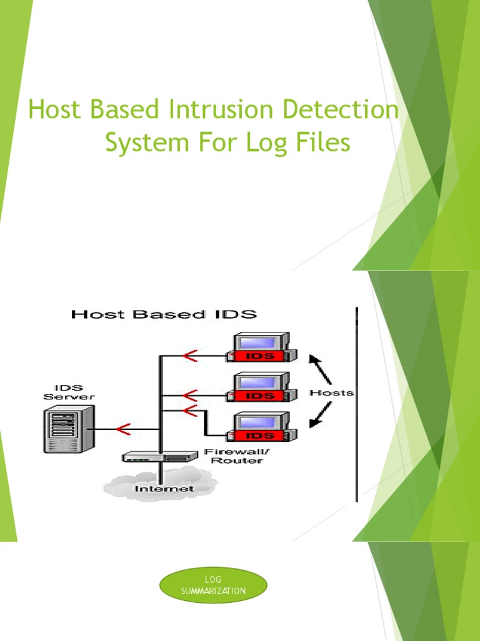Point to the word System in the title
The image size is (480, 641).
[145, 143]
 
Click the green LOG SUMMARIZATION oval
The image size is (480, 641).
[213, 585]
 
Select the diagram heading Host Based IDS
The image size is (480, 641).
[164, 314]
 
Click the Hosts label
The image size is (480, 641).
[332, 393]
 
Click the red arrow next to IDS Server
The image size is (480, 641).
[122, 429]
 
